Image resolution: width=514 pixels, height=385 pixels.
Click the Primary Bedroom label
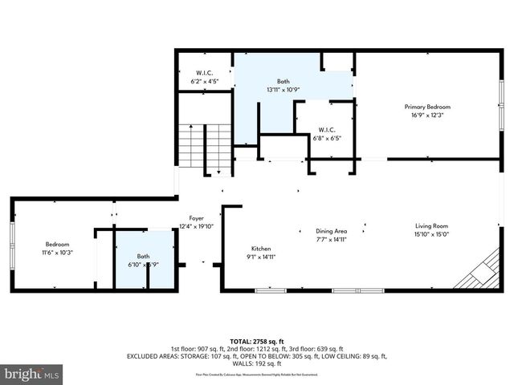(x=426, y=107)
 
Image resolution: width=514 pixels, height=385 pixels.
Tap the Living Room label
(x=431, y=226)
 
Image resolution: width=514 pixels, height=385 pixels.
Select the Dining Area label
(x=330, y=231)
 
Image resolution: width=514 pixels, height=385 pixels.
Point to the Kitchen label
(x=262, y=248)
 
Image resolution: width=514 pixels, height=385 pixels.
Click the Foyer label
(x=196, y=218)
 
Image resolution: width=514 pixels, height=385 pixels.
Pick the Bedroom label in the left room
(x=57, y=244)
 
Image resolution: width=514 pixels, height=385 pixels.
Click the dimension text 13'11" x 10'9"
(x=283, y=90)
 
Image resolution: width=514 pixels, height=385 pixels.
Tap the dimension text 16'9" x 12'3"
(x=426, y=115)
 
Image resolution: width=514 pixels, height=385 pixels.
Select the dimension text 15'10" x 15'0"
(x=431, y=234)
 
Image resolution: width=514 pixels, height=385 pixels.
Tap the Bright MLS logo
(x=32, y=374)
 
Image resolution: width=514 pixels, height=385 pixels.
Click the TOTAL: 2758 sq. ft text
(x=256, y=342)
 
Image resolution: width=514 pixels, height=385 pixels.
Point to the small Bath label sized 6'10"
(x=142, y=256)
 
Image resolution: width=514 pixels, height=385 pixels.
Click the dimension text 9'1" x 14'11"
(x=262, y=257)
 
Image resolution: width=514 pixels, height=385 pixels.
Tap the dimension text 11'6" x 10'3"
(x=57, y=252)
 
